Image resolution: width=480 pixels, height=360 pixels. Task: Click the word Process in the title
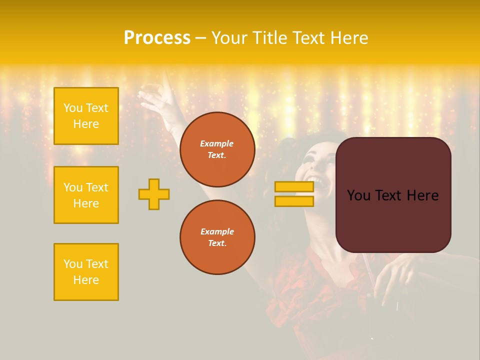click(157, 38)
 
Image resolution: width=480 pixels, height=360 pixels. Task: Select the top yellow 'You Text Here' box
click(86, 116)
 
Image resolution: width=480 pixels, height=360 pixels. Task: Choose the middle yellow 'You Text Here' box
click(86, 195)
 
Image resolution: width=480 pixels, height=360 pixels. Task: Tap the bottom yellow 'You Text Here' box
click(86, 272)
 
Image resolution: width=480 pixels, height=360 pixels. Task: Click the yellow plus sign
click(154, 194)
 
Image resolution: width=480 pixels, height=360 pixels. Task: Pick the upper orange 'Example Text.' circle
click(217, 149)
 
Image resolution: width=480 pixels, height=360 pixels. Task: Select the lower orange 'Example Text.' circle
click(217, 237)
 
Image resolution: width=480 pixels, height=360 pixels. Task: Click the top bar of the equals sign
click(294, 187)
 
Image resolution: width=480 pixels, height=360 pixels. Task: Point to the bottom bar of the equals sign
click(294, 201)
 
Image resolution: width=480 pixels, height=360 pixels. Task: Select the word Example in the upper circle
click(217, 143)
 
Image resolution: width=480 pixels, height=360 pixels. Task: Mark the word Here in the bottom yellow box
click(86, 280)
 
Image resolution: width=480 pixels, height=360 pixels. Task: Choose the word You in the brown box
click(358, 195)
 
